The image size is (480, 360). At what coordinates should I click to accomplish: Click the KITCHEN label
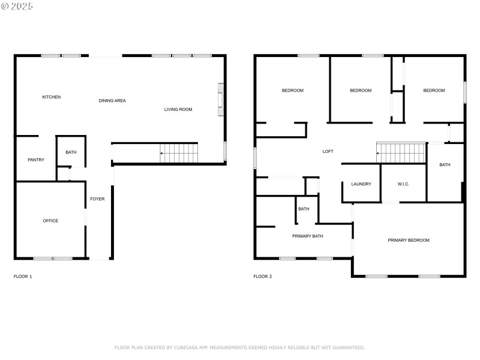(x=51, y=97)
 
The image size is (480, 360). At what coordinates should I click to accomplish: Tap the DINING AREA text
(x=112, y=101)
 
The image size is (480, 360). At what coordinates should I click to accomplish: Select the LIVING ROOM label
(x=178, y=109)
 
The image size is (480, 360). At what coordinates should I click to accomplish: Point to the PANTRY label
(x=36, y=160)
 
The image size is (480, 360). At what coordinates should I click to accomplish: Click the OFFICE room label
(x=50, y=221)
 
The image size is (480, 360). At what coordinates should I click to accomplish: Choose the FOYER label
(x=97, y=199)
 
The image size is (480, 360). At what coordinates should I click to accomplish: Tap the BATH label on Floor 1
(x=71, y=152)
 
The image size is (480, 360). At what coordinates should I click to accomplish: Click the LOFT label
(x=328, y=151)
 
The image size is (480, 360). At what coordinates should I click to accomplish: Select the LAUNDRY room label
(x=361, y=184)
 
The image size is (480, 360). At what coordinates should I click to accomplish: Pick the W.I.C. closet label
(x=403, y=184)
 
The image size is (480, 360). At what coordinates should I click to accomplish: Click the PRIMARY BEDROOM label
(x=409, y=240)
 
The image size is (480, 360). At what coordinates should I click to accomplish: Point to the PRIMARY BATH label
(x=308, y=236)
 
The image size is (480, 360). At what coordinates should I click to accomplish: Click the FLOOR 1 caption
(x=23, y=277)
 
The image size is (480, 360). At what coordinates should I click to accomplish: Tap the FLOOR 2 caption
(x=263, y=277)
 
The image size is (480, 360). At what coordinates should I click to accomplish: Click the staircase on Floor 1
(x=179, y=153)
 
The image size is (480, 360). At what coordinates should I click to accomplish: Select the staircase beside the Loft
(x=400, y=153)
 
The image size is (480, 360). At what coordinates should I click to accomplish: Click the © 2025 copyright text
(x=17, y=6)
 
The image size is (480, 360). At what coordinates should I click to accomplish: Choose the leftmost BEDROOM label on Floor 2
(x=293, y=91)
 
